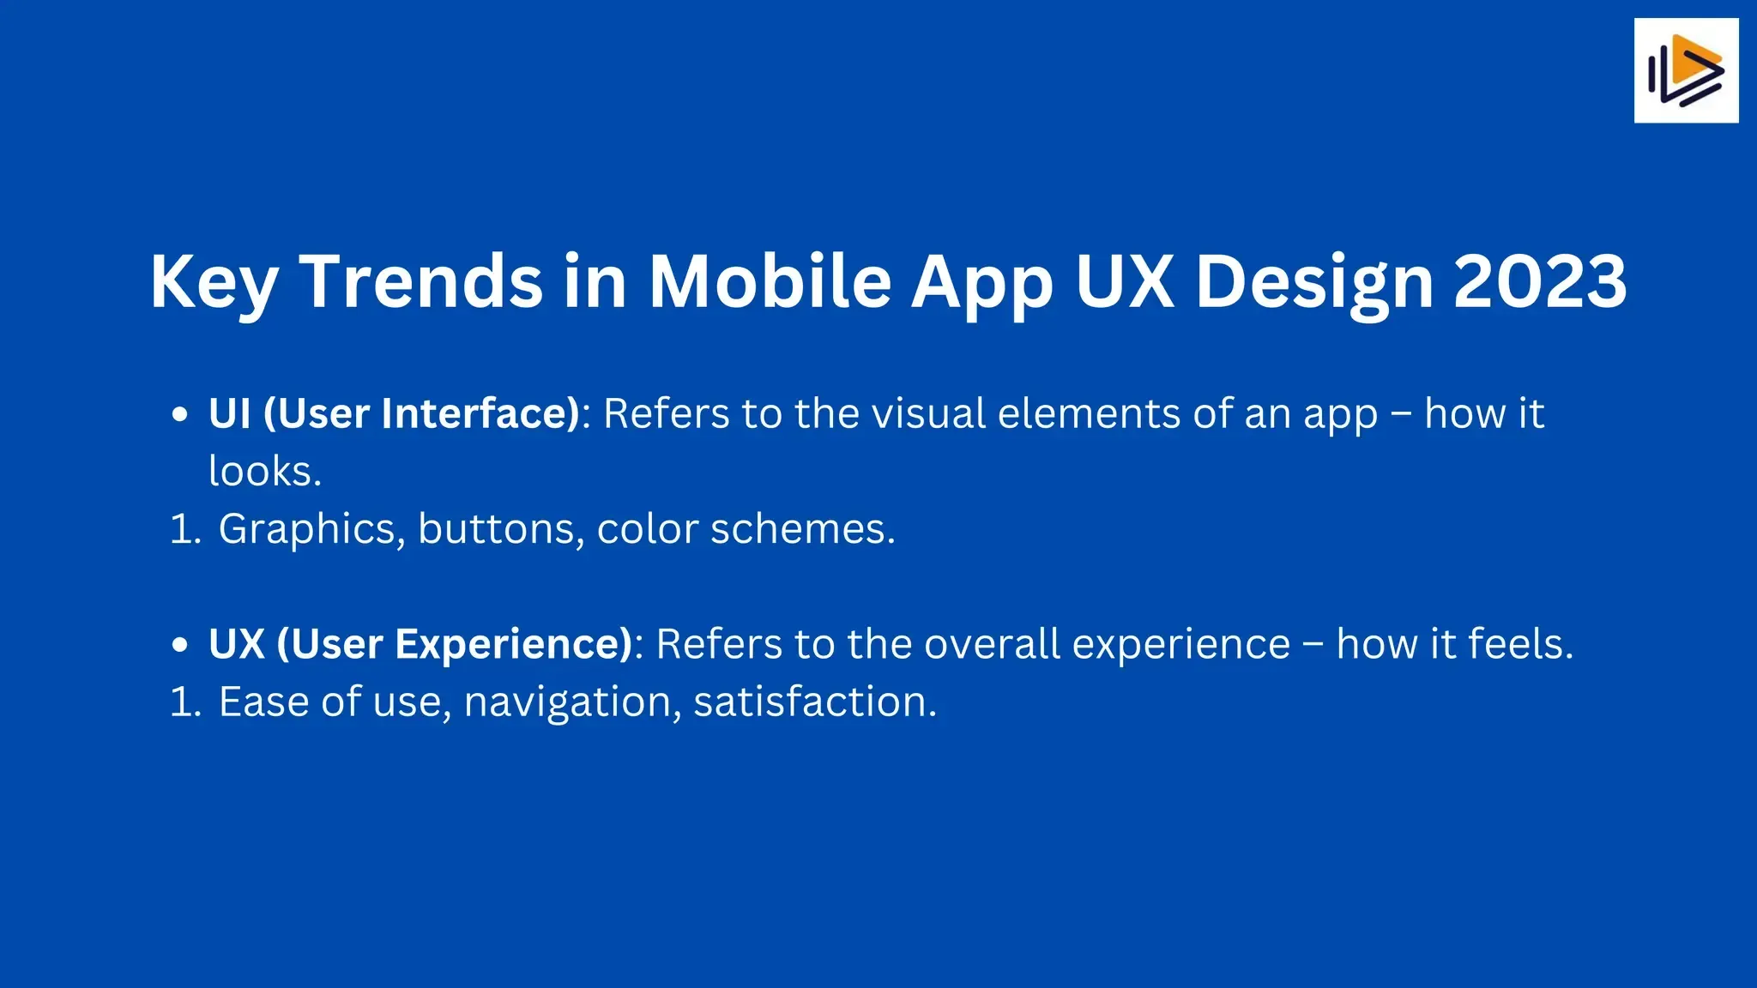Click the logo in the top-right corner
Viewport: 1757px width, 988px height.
click(1686, 70)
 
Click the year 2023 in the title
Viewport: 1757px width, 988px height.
click(1540, 281)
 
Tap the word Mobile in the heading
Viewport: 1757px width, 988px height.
click(770, 280)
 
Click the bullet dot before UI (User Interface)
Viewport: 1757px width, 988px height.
click(179, 415)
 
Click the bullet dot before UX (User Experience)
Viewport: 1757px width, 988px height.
click(179, 645)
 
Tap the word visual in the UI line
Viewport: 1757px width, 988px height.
click(928, 413)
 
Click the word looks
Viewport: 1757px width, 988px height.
click(265, 471)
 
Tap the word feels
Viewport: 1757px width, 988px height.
click(1521, 643)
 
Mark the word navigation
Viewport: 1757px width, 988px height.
click(572, 703)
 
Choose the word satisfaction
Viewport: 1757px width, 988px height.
click(815, 702)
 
